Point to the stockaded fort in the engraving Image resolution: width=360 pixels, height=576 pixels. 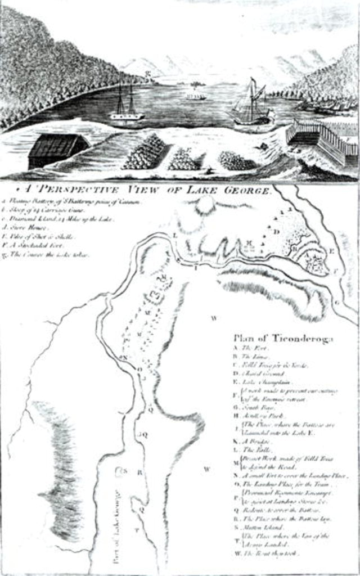click(323, 143)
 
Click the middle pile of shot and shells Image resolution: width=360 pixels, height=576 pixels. click(184, 159)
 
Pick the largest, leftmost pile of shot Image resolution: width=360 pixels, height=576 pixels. click(145, 152)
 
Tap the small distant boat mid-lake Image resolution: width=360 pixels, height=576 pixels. click(196, 96)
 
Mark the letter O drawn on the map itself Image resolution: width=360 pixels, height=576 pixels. click(141, 368)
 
